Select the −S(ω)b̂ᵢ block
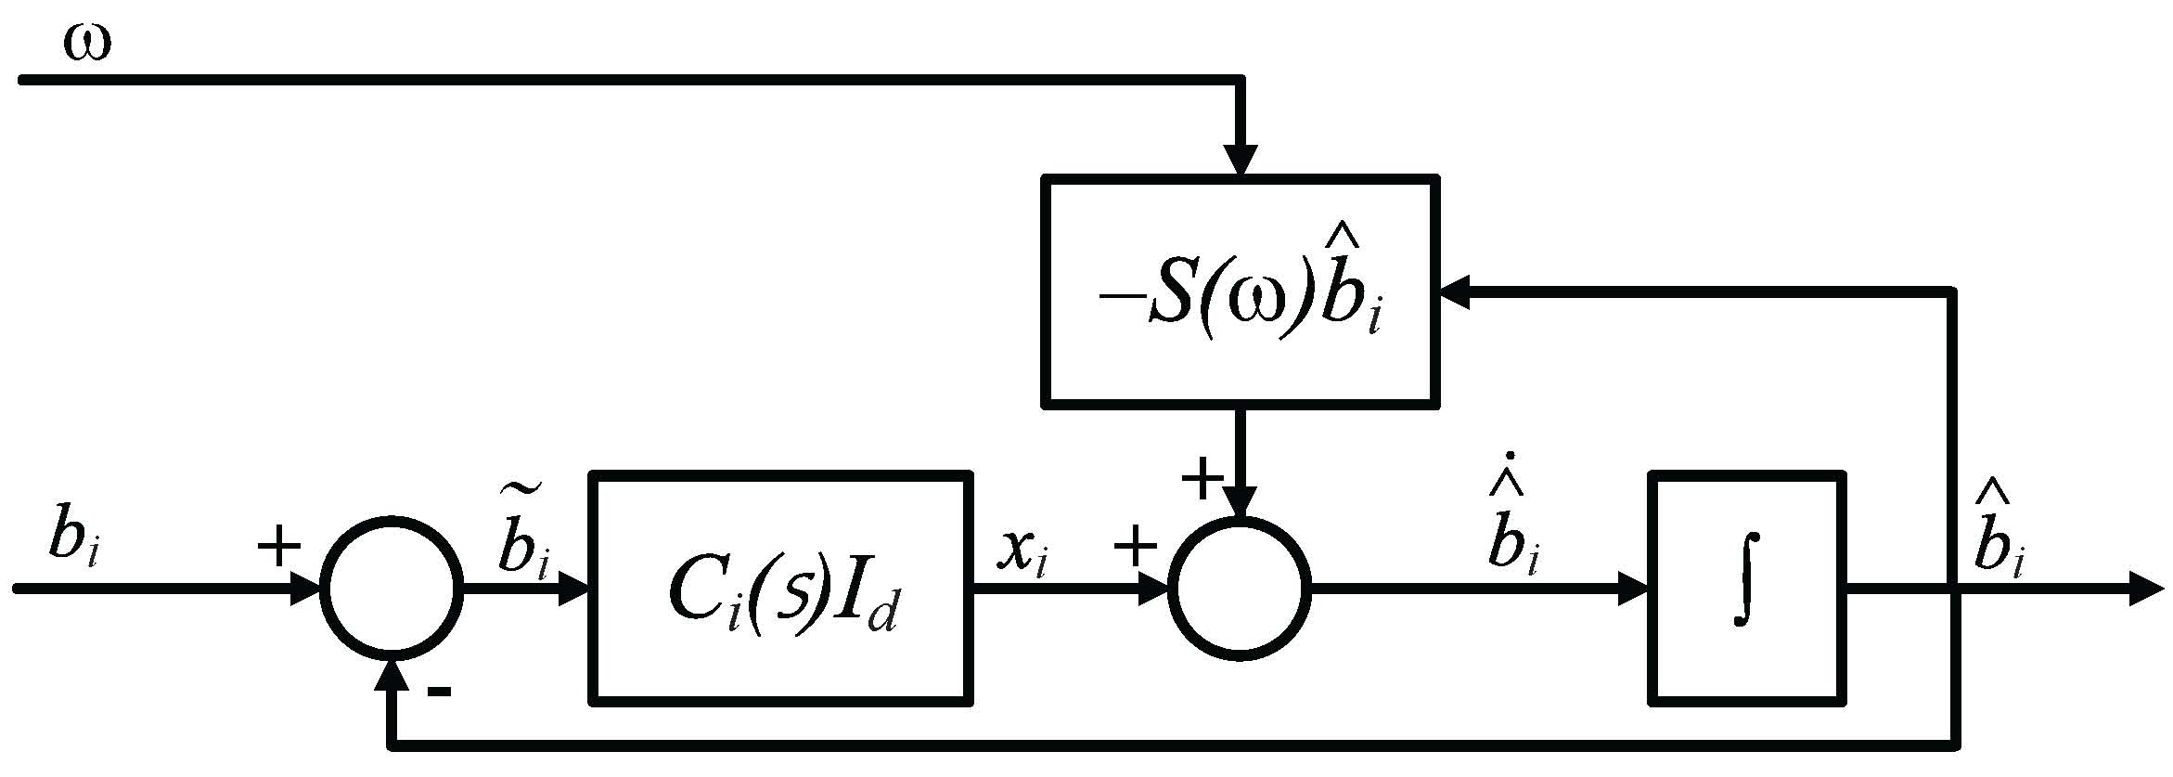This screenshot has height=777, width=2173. pos(1241,292)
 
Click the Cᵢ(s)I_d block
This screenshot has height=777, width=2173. pos(781,589)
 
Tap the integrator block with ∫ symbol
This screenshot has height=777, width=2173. pos(1745,589)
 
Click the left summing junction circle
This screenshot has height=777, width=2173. pos(392,589)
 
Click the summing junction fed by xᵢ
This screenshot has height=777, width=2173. pos(1241,589)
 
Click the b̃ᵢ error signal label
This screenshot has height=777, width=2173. pos(521,543)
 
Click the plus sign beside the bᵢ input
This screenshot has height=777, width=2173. pos(278,547)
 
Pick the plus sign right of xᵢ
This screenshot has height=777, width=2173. pos(1135,547)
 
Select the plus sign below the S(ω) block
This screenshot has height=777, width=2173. pos(1202,480)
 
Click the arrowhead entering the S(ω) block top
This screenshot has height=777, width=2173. pos(1241,161)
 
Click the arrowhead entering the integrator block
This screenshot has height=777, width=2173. pos(1633,589)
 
